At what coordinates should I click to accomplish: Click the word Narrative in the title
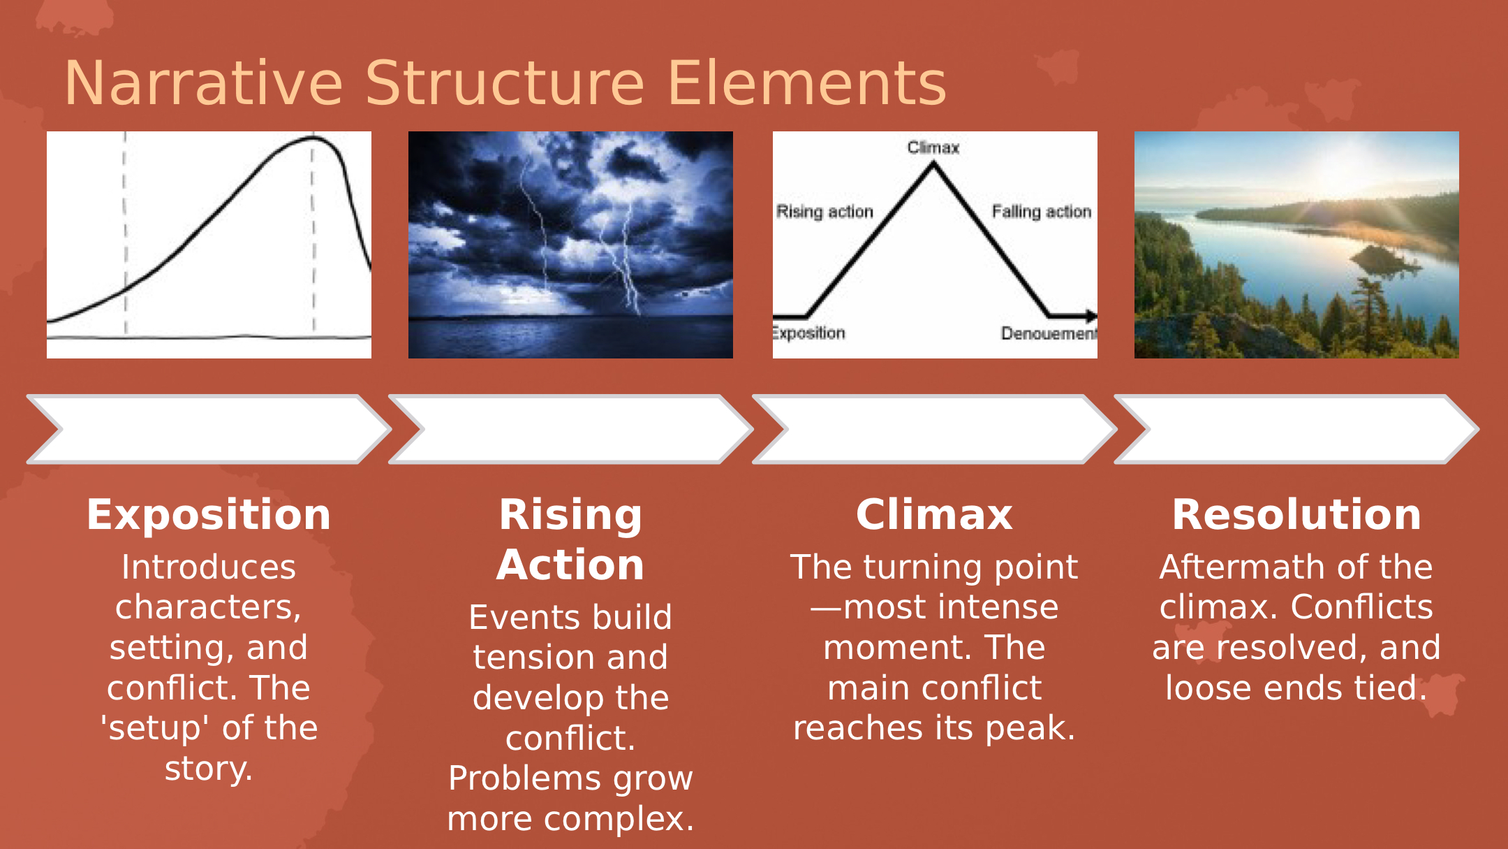point(203,84)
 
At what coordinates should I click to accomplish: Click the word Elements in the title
point(807,84)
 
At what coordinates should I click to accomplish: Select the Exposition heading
point(209,515)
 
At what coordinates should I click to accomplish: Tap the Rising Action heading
point(570,539)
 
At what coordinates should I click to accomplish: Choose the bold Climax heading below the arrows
point(934,515)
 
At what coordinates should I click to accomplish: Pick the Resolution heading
point(1296,515)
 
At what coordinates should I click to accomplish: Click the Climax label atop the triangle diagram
point(933,147)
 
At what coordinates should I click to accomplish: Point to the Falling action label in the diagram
point(1041,212)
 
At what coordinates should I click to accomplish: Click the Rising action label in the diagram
point(825,212)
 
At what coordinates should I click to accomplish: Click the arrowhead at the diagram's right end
point(1091,317)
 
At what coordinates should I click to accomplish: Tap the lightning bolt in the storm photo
point(621,259)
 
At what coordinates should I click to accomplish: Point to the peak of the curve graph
point(312,138)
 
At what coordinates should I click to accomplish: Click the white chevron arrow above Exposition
point(209,429)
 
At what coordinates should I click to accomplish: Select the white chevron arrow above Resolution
point(1296,429)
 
